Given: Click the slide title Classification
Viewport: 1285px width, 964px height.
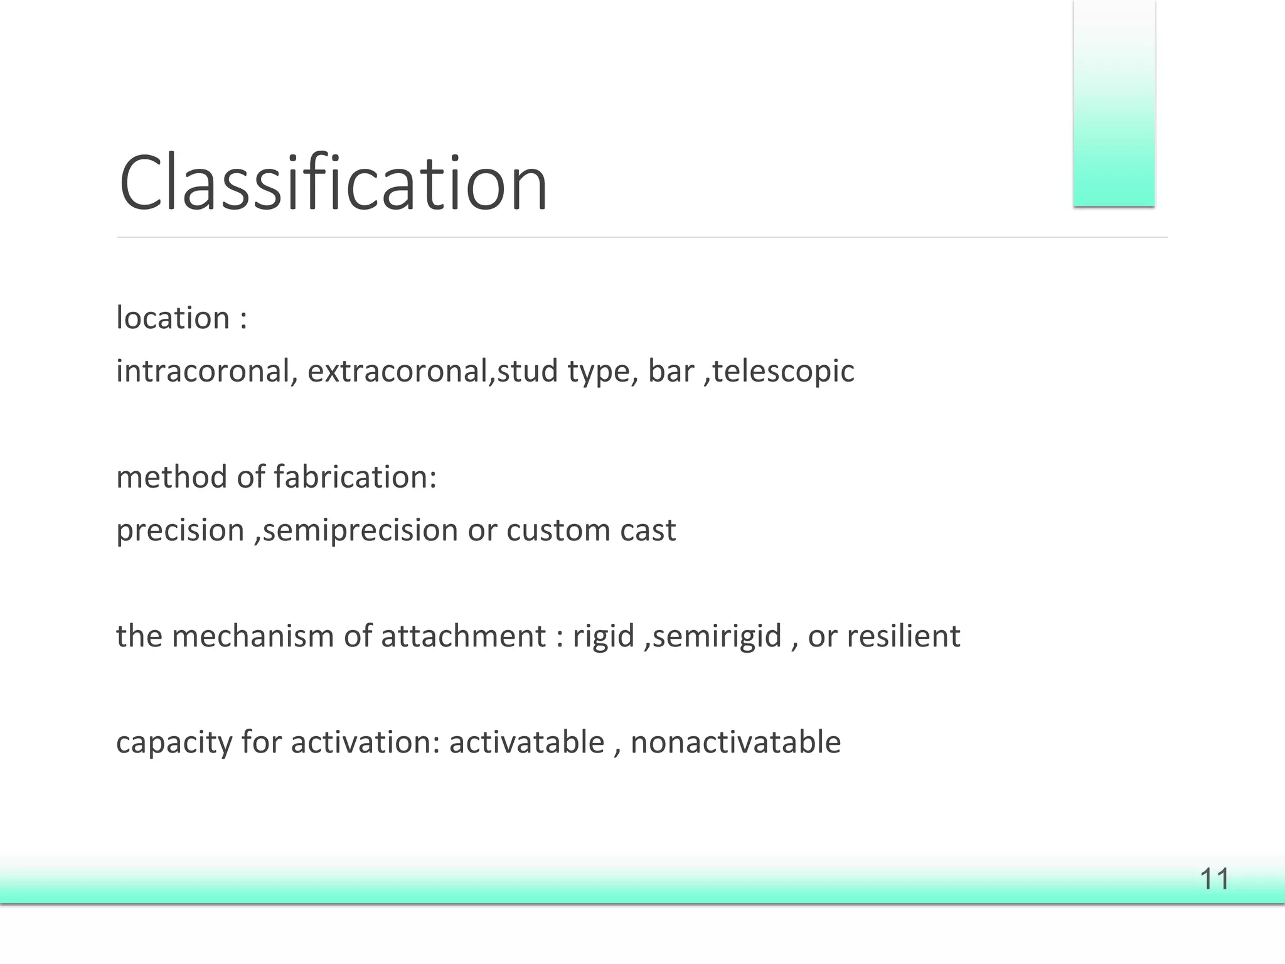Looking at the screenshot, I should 333,183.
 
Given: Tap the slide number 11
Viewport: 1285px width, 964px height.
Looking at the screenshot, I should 1214,879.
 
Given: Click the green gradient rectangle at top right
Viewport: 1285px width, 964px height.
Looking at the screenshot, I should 1114,104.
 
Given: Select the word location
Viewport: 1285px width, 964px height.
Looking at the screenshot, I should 173,318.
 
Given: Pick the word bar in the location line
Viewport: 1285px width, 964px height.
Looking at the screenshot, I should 671,371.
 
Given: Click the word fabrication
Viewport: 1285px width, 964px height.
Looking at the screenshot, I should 356,477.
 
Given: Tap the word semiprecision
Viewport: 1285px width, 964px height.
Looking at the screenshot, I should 360,531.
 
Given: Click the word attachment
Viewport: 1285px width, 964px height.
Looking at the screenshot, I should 463,636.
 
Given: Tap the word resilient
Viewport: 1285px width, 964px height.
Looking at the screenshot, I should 903,636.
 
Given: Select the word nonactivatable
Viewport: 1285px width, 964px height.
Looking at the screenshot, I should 735,742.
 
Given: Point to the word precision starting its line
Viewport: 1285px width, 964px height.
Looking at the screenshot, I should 180,531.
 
